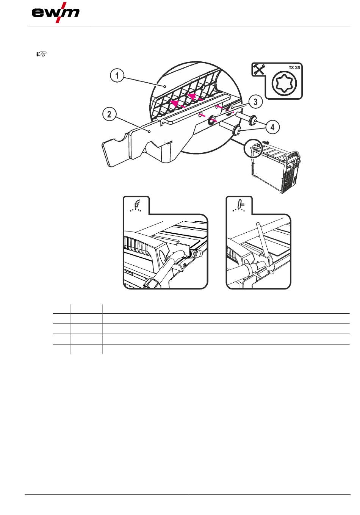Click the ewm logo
tap(56, 13)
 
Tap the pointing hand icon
tap(42, 54)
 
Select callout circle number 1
tap(117, 75)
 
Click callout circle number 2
tap(109, 114)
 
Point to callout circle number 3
tap(256, 102)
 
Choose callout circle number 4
tap(272, 127)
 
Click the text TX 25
tap(294, 68)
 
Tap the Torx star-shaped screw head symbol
tap(284, 84)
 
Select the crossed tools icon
tap(259, 69)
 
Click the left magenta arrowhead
tap(175, 103)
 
